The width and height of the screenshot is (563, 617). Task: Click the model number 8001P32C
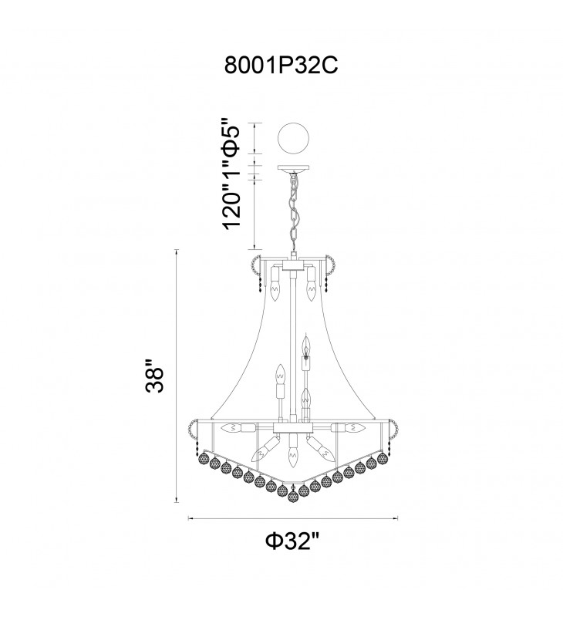281,66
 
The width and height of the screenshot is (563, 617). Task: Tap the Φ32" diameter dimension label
291,542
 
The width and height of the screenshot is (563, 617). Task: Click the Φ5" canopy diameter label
231,135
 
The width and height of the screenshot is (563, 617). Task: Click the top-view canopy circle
293,139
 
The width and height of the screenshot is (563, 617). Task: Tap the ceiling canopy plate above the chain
294,168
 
